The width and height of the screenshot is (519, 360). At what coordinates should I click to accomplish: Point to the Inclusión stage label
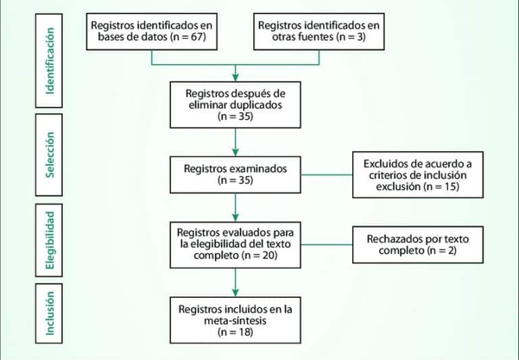coord(50,314)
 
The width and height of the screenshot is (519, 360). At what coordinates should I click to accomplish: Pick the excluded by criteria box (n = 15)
coord(418,174)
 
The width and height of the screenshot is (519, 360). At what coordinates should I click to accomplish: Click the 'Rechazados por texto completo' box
coord(418,244)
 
